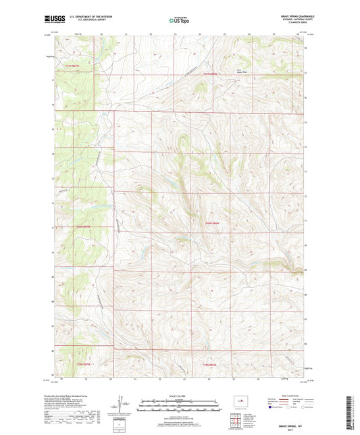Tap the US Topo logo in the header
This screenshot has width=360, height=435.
(x=179, y=20)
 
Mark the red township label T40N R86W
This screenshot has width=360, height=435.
(x=212, y=223)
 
